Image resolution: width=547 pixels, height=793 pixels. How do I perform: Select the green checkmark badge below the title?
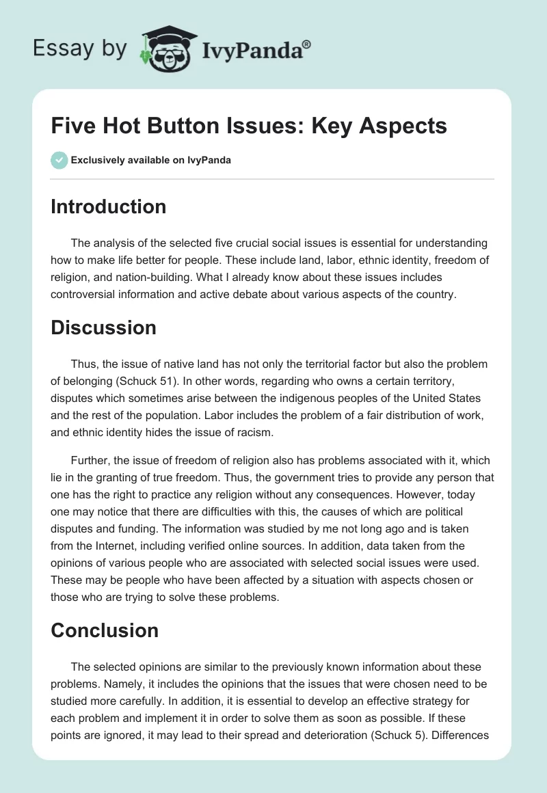(x=59, y=161)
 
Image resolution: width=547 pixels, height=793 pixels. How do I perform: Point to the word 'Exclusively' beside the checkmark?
(x=96, y=161)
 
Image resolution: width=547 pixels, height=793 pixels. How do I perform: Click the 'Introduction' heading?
(x=108, y=206)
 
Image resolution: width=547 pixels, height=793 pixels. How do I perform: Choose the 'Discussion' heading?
(x=103, y=327)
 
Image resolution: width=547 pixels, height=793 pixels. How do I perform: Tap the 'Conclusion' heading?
(x=105, y=630)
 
